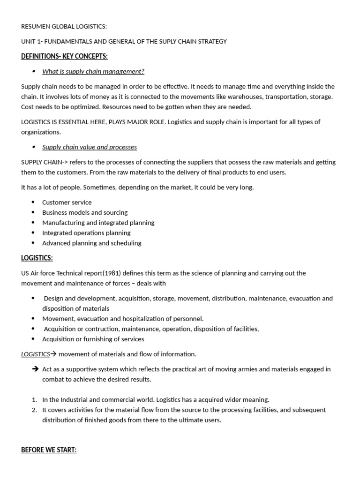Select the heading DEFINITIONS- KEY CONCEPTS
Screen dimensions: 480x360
64,57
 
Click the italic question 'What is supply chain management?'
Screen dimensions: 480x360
93,72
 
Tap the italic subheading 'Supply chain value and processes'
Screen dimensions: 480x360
90,147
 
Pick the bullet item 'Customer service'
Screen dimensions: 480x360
67,202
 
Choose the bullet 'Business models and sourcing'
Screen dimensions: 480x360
85,213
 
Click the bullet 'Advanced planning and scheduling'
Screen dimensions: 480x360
92,243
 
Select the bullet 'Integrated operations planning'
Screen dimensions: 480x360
86,233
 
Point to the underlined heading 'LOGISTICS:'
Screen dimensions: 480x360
37,258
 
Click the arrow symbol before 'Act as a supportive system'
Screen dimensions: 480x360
35,369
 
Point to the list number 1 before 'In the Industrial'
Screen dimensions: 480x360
34,400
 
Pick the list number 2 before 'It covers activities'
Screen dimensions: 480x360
34,410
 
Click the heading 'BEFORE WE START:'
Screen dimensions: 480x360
49,450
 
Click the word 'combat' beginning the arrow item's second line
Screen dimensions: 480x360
52,380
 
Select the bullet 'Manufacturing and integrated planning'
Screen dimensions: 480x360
98,223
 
